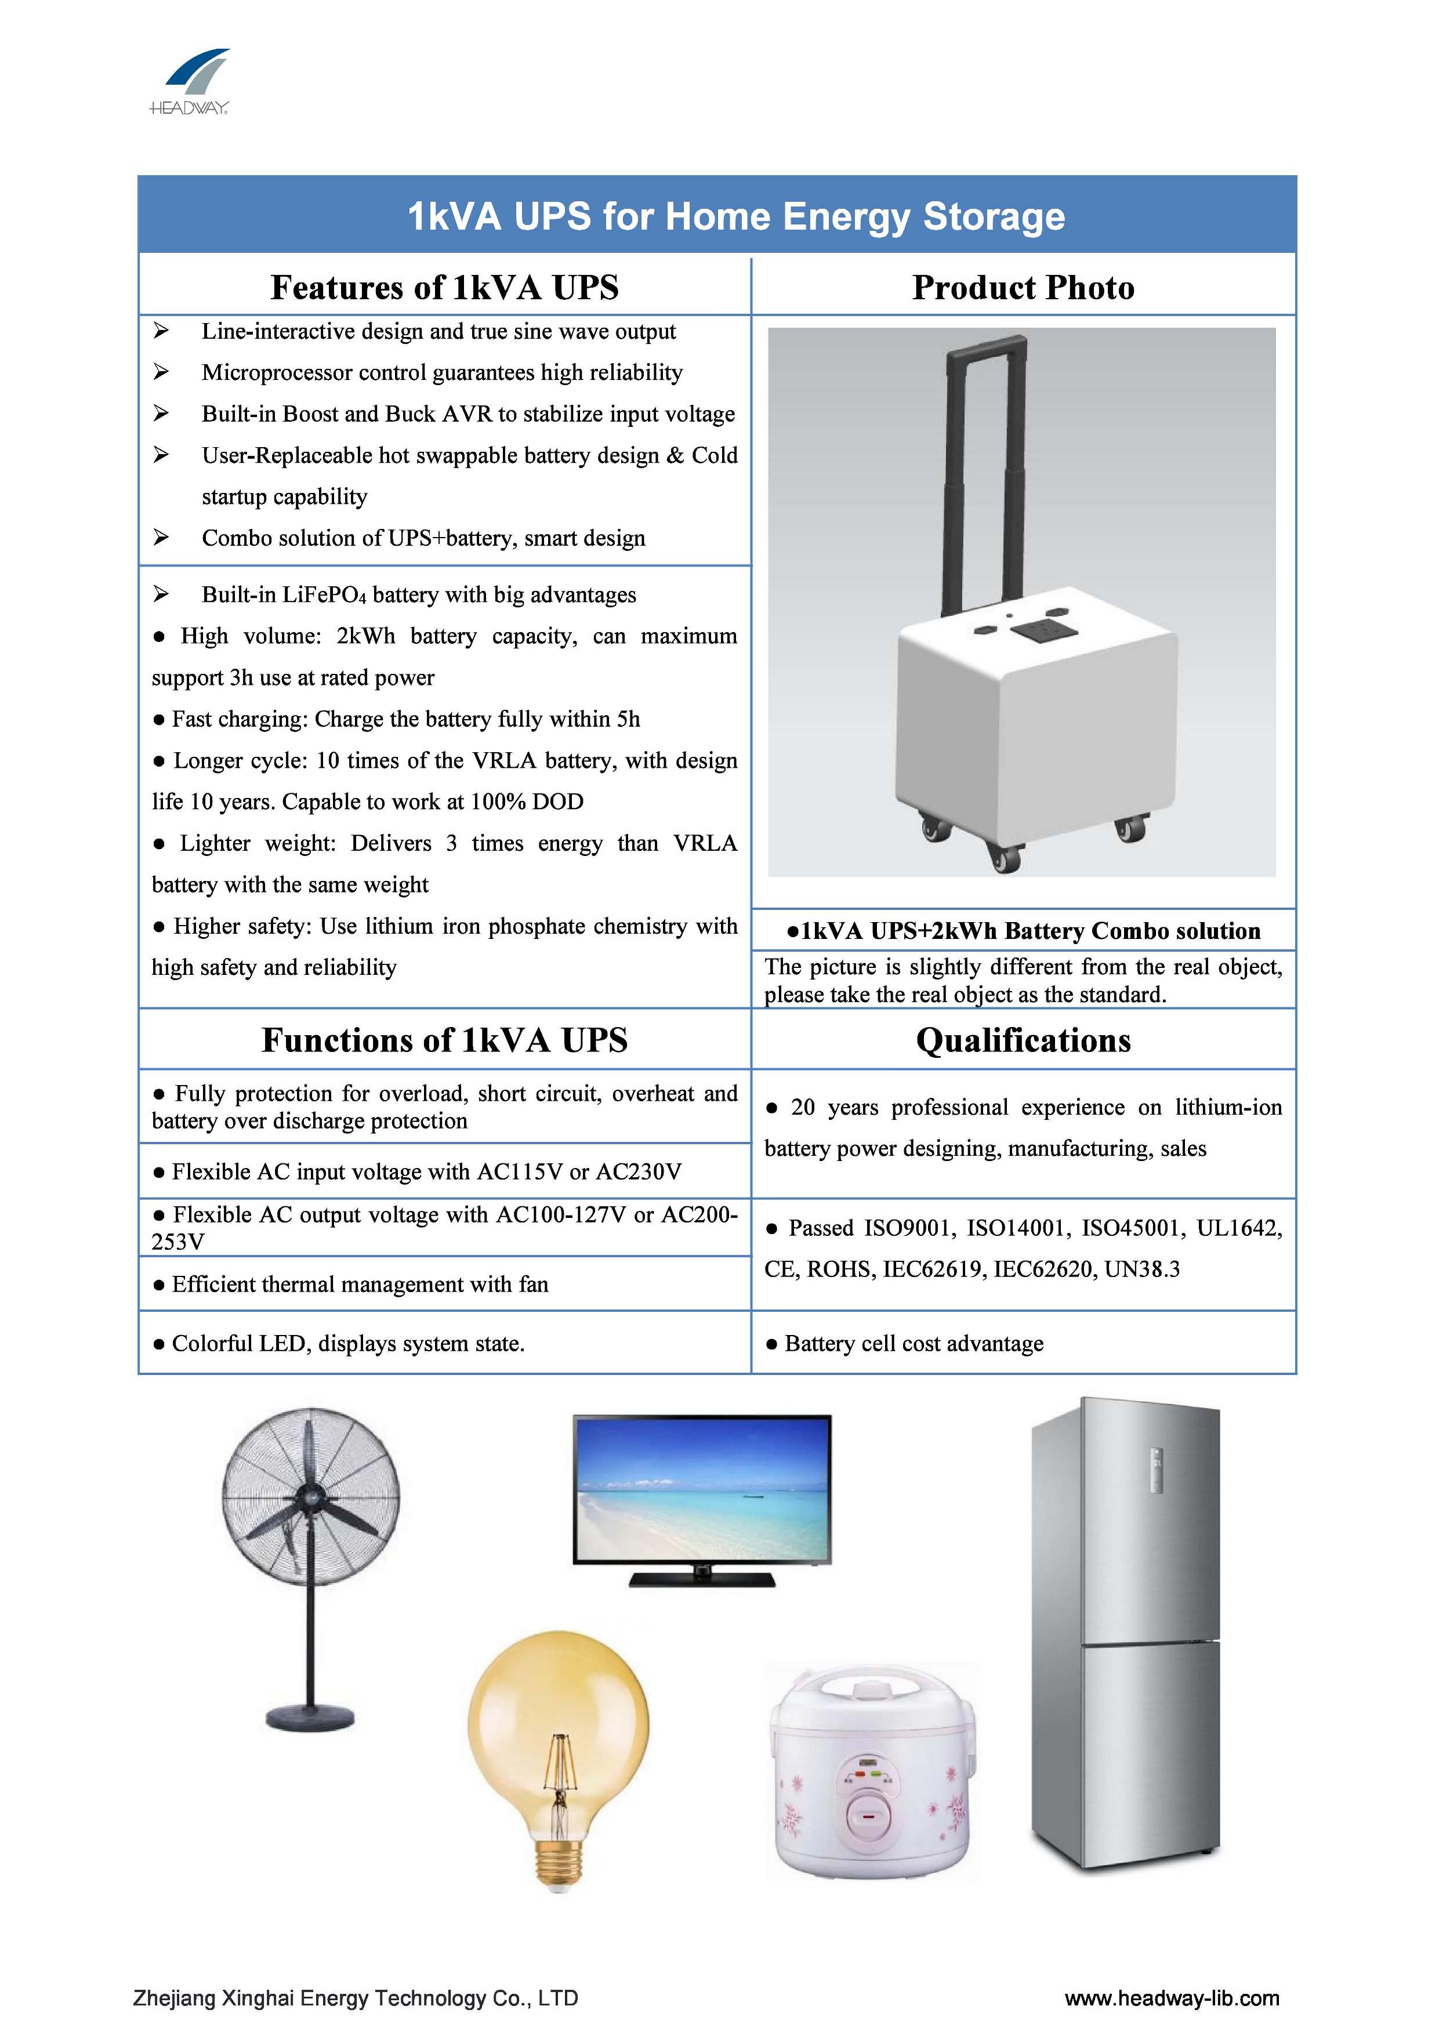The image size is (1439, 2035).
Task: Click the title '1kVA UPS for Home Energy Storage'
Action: (736, 216)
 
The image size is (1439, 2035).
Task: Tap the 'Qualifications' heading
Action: (1023, 1040)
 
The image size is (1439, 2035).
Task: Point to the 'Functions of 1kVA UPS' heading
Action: (444, 1040)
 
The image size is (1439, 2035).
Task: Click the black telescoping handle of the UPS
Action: (984, 461)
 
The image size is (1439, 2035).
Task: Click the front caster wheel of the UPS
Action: (1003, 856)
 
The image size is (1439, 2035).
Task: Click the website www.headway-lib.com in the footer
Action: (1171, 1998)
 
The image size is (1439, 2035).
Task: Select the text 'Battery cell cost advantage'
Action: (914, 1344)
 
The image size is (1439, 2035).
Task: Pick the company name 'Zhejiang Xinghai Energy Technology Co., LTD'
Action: (356, 1998)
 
